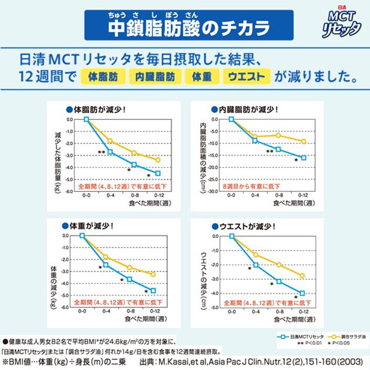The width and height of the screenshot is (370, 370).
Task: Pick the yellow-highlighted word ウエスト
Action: pyautogui.click(x=247, y=77)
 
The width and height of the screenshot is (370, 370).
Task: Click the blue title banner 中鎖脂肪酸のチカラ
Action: pyautogui.click(x=188, y=25)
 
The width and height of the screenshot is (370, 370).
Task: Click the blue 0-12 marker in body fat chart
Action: pyautogui.click(x=158, y=173)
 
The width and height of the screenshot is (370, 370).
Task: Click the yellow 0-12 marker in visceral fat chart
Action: pyautogui.click(x=304, y=142)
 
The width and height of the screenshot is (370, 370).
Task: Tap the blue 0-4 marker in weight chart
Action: pyautogui.click(x=106, y=265)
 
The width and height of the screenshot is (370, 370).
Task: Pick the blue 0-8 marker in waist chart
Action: pyautogui.click(x=279, y=281)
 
